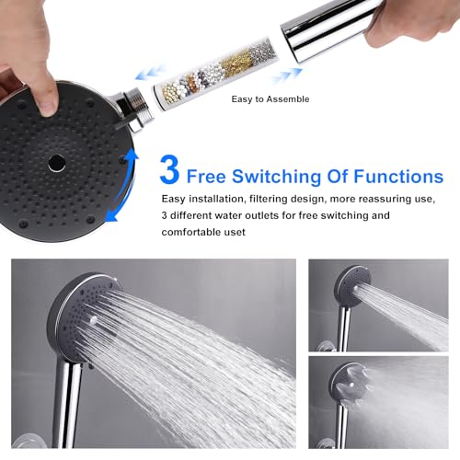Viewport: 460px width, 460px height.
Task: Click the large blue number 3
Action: coord(169,171)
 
